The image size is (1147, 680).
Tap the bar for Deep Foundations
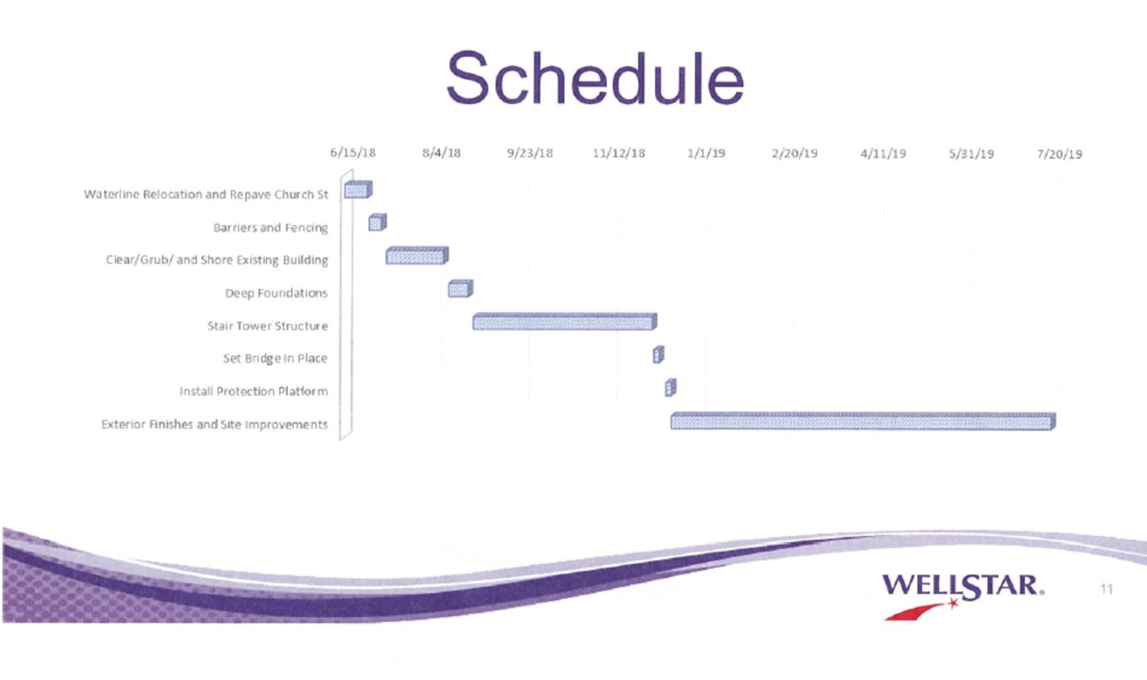[461, 289]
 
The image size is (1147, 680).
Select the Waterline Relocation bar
[358, 189]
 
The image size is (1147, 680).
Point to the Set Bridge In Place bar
[658, 355]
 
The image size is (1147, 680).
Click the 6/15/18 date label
[353, 153]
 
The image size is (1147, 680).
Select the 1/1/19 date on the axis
[706, 153]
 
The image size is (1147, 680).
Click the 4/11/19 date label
[883, 153]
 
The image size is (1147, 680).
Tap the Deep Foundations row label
[276, 293]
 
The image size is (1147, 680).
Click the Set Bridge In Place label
[275, 358]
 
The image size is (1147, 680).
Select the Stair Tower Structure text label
[268, 326]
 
